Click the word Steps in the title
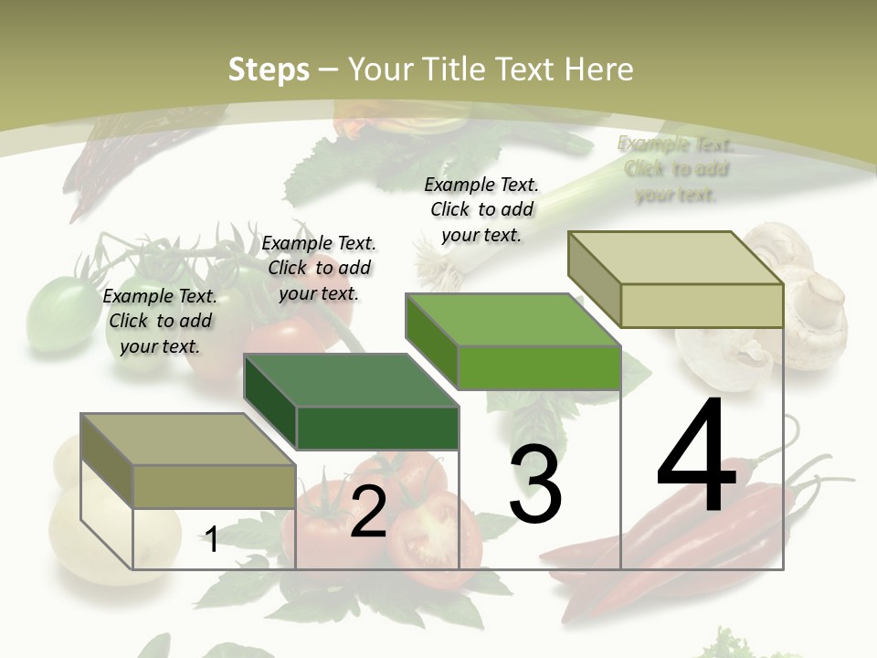[x=269, y=69]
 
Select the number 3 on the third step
[x=535, y=484]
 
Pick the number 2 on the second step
[x=368, y=512]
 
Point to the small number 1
[x=211, y=539]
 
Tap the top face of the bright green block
[x=512, y=320]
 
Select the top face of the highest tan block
[x=675, y=258]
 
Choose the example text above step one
[x=160, y=321]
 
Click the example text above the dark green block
[x=319, y=268]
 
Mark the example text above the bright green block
[x=481, y=209]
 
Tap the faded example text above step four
[x=676, y=169]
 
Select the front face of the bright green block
[x=539, y=367]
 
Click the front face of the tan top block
[x=702, y=305]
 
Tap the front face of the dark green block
[x=377, y=428]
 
